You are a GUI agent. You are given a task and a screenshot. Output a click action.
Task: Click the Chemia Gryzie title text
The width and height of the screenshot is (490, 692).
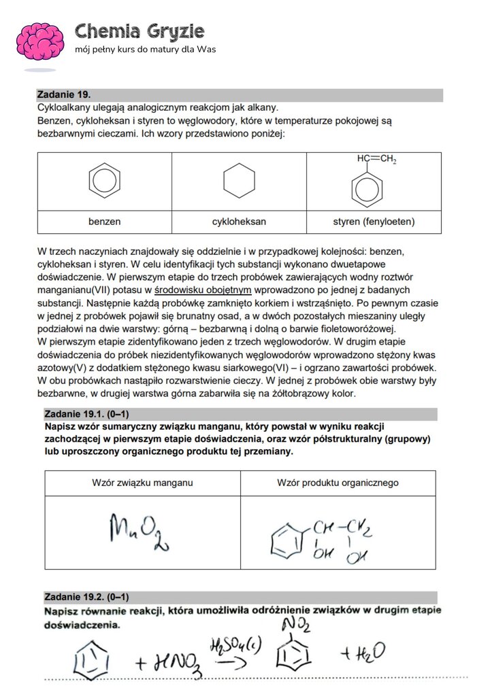140,31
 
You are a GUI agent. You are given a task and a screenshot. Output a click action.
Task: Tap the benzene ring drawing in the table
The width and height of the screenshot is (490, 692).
104,181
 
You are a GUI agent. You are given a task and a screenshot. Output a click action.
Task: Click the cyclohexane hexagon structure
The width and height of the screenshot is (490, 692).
239,181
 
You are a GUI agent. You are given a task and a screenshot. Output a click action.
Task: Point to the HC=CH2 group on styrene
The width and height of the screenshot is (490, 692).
376,160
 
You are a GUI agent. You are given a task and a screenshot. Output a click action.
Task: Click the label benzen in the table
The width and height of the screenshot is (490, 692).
104,222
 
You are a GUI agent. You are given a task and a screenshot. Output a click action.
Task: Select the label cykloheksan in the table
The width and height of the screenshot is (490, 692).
239,222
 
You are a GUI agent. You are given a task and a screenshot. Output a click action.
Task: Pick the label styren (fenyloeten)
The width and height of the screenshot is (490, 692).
374,222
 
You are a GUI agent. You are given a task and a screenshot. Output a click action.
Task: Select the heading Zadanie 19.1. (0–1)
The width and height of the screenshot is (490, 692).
86,413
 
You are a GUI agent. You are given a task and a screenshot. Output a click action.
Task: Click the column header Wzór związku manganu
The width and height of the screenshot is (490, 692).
142,483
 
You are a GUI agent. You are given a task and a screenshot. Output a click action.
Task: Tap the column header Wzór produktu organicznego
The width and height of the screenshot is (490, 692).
338,483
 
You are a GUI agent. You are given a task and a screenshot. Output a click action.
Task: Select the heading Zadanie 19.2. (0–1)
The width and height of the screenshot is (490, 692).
86,597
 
